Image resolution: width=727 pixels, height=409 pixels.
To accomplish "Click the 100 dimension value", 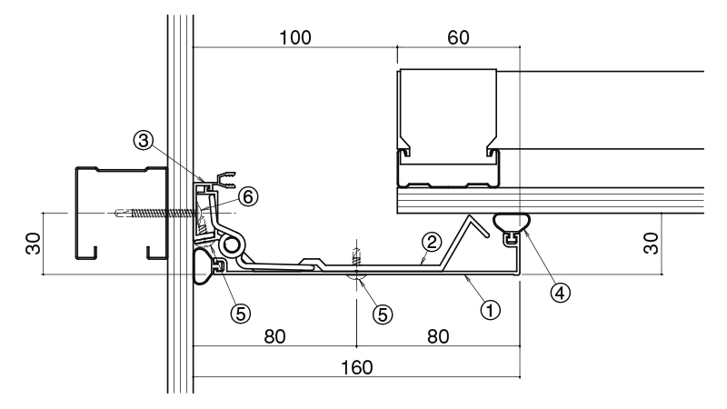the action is pyautogui.click(x=295, y=38).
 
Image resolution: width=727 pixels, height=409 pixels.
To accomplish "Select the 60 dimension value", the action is pyautogui.click(x=458, y=38).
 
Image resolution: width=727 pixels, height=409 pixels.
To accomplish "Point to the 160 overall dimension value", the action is pyautogui.click(x=356, y=368).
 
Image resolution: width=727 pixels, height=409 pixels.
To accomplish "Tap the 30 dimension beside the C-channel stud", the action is pyautogui.click(x=34, y=244).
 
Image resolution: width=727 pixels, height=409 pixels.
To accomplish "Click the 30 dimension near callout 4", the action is pyautogui.click(x=651, y=244).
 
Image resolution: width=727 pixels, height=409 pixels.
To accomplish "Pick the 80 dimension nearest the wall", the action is pyautogui.click(x=274, y=336).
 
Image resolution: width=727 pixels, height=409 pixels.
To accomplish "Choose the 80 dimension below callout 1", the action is pyautogui.click(x=438, y=336).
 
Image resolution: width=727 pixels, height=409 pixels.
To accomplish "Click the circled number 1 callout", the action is pyautogui.click(x=490, y=309).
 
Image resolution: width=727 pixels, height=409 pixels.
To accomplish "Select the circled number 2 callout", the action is pyautogui.click(x=431, y=242).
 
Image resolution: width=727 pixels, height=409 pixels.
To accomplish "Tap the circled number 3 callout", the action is pyautogui.click(x=144, y=140).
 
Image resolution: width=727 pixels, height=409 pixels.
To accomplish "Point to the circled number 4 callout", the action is pyautogui.click(x=560, y=293).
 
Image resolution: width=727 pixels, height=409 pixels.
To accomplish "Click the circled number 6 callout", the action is pyautogui.click(x=248, y=196).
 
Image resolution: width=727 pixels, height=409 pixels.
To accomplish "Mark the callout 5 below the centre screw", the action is pyautogui.click(x=383, y=314).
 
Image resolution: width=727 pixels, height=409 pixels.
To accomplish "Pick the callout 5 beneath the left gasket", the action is pyautogui.click(x=241, y=314).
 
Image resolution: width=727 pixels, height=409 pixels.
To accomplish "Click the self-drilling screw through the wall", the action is pyautogui.click(x=155, y=214).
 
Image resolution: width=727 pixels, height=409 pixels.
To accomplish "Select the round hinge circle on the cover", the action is pyautogui.click(x=231, y=244).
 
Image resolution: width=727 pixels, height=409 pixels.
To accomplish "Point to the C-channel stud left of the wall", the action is pyautogui.click(x=122, y=213).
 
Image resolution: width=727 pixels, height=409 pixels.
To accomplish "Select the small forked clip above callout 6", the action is pyautogui.click(x=225, y=179).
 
